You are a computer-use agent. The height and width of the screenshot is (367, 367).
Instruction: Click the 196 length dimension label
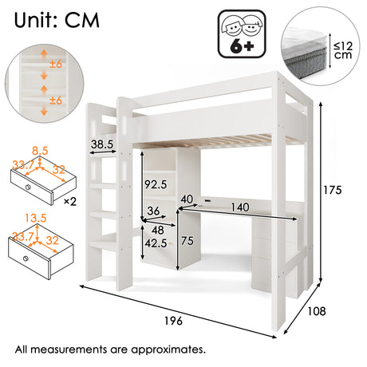tap(173, 321)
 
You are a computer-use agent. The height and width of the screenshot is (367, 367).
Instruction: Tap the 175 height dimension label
tap(332, 190)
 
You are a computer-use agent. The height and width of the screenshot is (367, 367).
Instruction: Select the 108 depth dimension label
tap(317, 311)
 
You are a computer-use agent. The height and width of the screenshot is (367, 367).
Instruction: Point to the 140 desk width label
tap(240, 207)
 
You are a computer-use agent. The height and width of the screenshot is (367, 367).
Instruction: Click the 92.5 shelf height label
tap(156, 184)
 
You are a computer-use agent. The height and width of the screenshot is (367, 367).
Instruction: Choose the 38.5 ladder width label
tap(102, 144)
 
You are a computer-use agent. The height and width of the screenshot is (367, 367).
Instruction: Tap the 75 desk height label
tap(187, 241)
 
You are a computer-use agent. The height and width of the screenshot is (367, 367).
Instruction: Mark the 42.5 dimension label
tap(156, 243)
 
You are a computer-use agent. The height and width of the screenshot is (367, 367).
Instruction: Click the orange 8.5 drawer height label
tap(40, 151)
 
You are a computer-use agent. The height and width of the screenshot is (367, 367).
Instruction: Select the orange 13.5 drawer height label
tap(36, 218)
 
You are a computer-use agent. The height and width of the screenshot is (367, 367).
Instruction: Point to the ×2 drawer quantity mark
tap(70, 202)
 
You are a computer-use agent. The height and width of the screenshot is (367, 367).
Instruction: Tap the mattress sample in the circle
tap(305, 53)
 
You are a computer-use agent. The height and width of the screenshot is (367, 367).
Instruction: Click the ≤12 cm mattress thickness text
tap(343, 50)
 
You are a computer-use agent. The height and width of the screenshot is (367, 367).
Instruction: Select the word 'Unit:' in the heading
tap(35, 20)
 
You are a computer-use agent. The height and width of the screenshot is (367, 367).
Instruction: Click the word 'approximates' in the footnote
tap(168, 349)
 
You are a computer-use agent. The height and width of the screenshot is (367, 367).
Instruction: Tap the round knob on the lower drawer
tap(26, 258)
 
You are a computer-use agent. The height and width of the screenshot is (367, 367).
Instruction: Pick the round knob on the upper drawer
tap(28, 187)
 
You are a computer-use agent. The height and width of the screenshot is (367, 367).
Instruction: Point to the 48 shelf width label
tap(158, 230)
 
